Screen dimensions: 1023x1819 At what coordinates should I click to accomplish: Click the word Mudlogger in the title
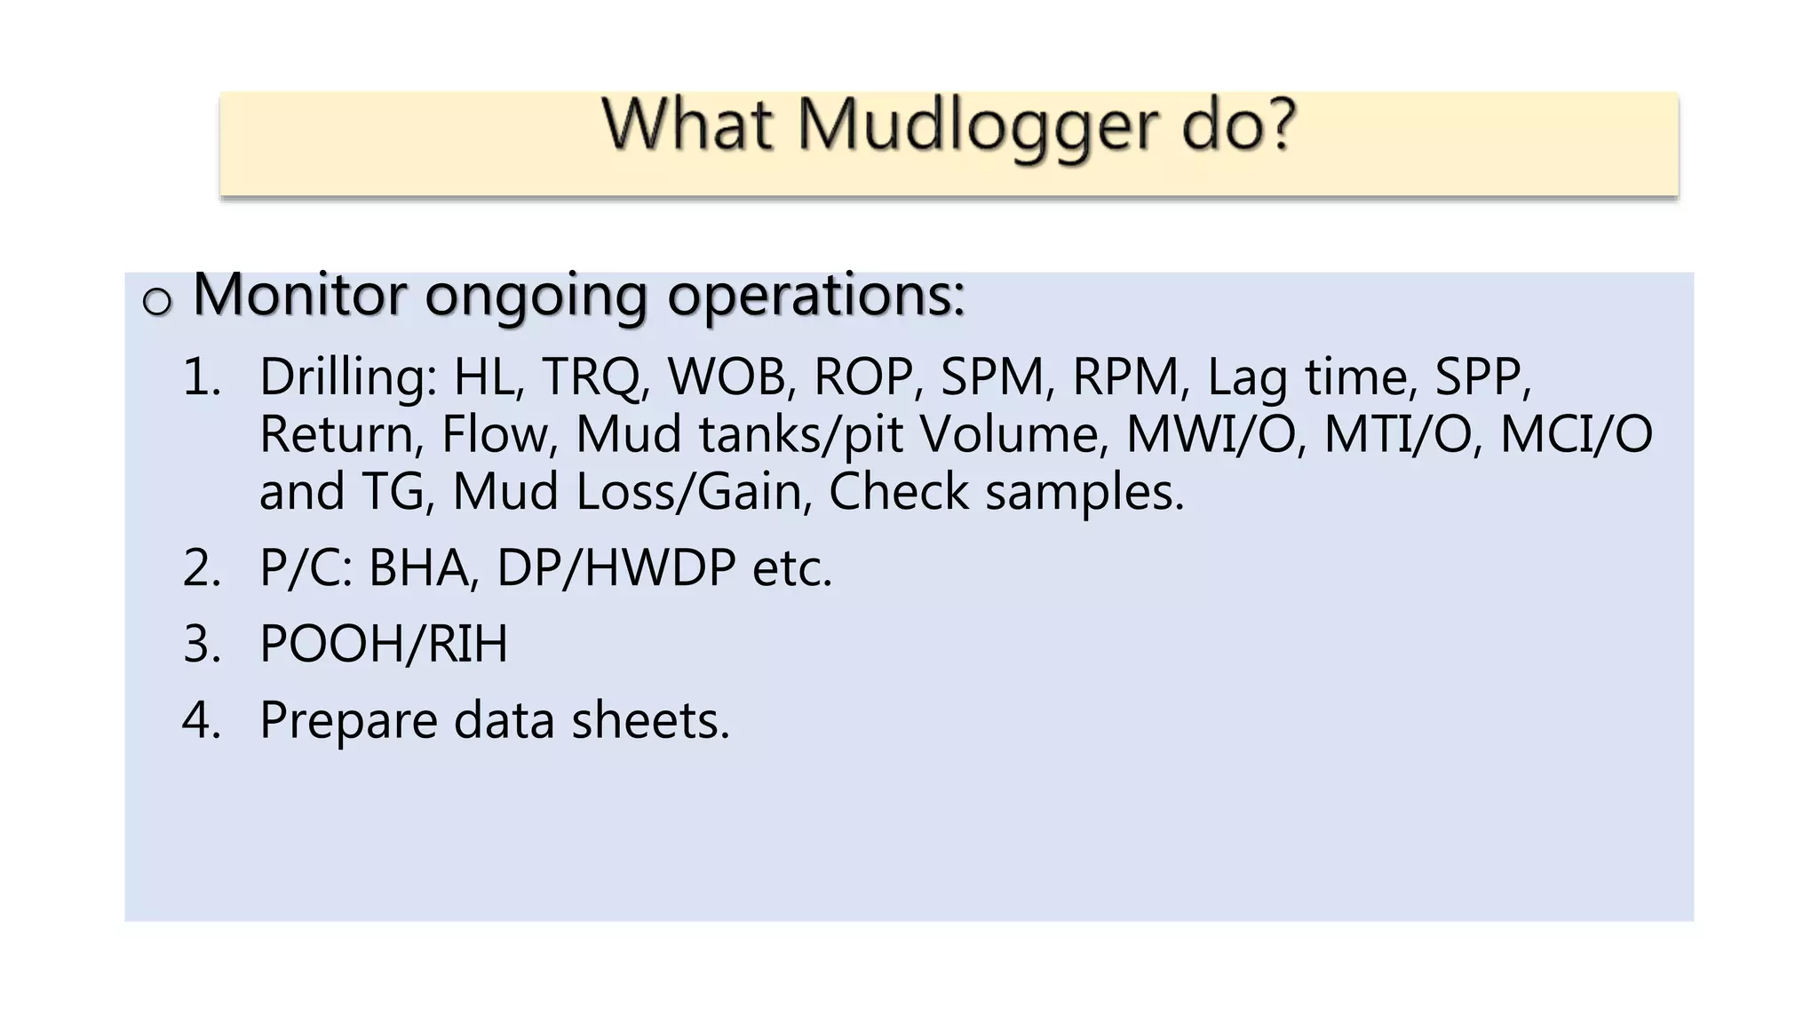pyautogui.click(x=978, y=127)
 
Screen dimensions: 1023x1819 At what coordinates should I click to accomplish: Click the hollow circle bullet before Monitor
pyautogui.click(x=157, y=302)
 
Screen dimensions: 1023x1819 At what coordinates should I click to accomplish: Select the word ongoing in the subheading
pyautogui.click(x=536, y=296)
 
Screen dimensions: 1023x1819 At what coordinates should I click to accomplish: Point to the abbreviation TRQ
pyautogui.click(x=591, y=377)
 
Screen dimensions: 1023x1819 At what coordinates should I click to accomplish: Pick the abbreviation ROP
pyautogui.click(x=862, y=377)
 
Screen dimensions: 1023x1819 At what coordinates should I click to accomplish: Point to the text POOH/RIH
pyautogui.click(x=384, y=644)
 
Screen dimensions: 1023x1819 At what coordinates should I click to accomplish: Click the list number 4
pyautogui.click(x=200, y=720)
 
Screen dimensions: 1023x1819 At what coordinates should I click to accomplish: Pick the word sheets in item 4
pyautogui.click(x=649, y=720)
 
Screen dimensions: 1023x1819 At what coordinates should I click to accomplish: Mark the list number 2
pyautogui.click(x=200, y=568)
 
